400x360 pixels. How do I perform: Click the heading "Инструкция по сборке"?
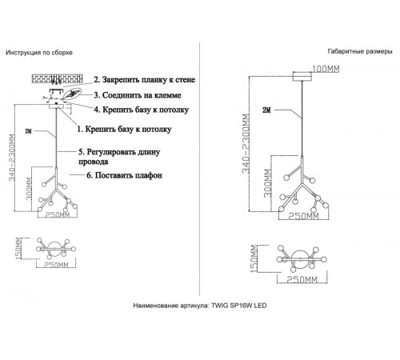39,53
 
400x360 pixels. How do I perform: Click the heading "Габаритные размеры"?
360,51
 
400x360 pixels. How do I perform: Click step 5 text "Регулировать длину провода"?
119,157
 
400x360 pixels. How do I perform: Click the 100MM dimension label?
326,69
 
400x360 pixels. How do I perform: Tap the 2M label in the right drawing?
266,110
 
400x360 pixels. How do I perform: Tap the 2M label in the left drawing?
28,131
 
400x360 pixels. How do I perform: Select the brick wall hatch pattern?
57,78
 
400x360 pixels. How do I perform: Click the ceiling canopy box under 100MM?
302,77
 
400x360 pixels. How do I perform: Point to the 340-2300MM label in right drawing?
246,144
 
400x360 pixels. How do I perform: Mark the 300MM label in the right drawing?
268,183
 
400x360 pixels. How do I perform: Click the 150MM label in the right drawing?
254,258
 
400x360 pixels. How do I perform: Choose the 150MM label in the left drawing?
18,249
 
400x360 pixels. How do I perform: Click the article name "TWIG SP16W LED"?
239,306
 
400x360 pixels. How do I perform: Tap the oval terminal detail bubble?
71,94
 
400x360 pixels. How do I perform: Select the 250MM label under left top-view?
56,265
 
